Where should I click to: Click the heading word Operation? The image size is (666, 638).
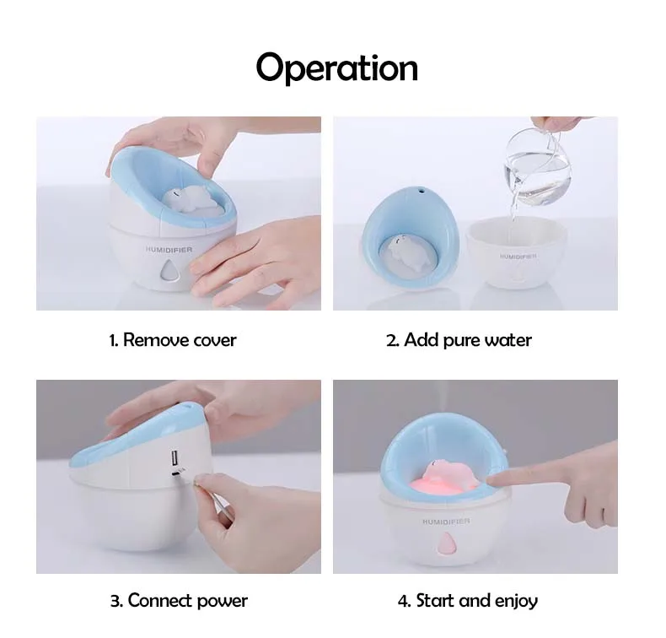(337, 68)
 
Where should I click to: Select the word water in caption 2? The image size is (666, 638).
(508, 340)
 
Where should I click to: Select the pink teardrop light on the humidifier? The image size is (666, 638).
(446, 543)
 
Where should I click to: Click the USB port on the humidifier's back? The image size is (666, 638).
(175, 458)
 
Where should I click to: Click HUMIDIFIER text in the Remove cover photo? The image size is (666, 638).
(169, 250)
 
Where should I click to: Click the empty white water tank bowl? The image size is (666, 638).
(517, 251)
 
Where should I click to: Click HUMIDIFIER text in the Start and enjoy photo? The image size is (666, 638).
(446, 521)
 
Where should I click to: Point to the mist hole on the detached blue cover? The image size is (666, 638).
(422, 191)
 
